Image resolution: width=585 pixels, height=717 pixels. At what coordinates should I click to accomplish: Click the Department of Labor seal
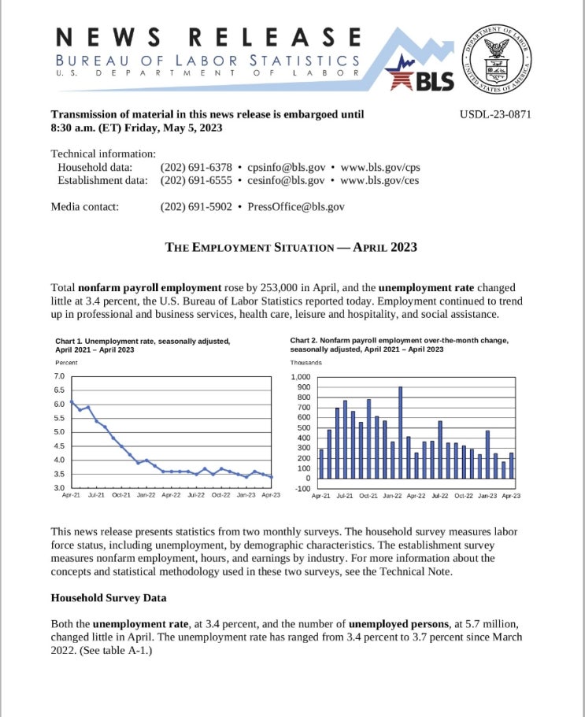495,55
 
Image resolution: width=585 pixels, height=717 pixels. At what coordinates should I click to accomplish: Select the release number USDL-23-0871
495,114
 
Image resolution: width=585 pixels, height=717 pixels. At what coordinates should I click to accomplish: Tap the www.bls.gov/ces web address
380,180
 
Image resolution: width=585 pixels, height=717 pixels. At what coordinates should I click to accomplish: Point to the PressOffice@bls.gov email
296,207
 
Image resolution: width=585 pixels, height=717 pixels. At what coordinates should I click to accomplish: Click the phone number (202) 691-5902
196,207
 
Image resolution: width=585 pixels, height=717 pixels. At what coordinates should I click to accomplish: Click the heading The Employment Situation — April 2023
291,247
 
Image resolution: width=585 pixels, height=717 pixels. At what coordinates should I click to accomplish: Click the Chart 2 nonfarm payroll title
398,345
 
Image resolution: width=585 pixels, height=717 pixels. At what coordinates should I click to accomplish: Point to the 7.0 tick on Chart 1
59,377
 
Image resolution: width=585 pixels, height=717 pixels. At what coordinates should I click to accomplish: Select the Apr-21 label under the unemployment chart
72,495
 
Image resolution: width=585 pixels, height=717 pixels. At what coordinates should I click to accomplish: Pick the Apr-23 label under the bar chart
511,497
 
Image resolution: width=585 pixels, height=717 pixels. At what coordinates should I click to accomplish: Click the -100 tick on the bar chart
302,488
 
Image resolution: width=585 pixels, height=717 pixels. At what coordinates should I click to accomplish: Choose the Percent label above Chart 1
66,362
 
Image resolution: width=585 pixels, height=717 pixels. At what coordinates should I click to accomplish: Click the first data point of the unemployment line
72,402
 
